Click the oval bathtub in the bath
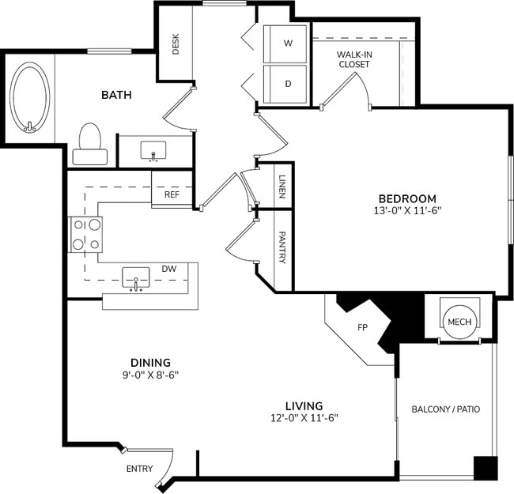(x=30, y=98)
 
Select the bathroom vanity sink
(x=153, y=150)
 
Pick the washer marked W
(x=287, y=44)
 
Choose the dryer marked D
(x=287, y=83)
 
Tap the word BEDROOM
(x=406, y=198)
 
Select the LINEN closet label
(x=282, y=187)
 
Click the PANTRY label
(x=282, y=247)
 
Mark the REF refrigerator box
(x=172, y=194)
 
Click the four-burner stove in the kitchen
(x=86, y=234)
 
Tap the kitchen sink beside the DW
(x=136, y=277)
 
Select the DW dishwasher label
(x=168, y=269)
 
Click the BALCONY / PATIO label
(x=445, y=409)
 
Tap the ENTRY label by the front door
(x=139, y=469)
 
